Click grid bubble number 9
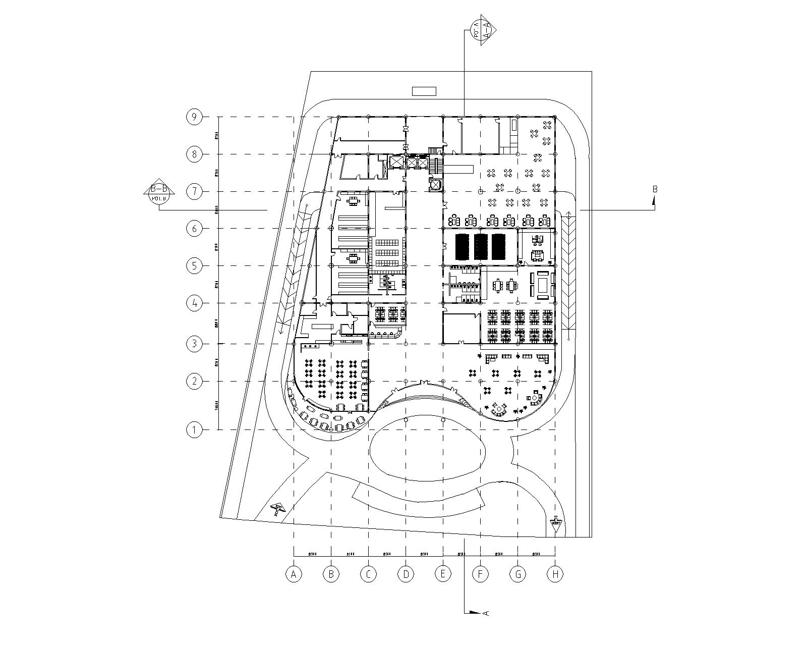pyautogui.click(x=194, y=117)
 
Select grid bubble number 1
pyautogui.click(x=194, y=430)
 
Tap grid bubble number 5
pyautogui.click(x=194, y=265)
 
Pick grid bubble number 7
pyautogui.click(x=194, y=192)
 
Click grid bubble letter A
pyautogui.click(x=294, y=574)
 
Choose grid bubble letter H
pyautogui.click(x=555, y=574)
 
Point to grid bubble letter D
pyautogui.click(x=406, y=574)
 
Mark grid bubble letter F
pyautogui.click(x=480, y=574)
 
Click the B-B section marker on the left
pyautogui.click(x=159, y=191)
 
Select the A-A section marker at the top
pyautogui.click(x=481, y=32)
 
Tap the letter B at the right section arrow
pyautogui.click(x=655, y=190)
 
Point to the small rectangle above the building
pyautogui.click(x=424, y=91)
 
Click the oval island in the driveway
pyautogui.click(x=428, y=446)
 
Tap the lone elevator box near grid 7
pyautogui.click(x=434, y=185)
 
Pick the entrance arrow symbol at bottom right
pyautogui.click(x=556, y=523)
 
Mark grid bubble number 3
pyautogui.click(x=194, y=344)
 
